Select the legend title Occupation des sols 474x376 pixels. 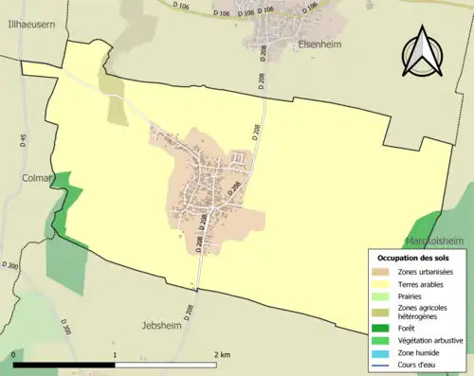pyautogui.click(x=415, y=258)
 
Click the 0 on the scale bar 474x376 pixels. pyautogui.click(x=14, y=354)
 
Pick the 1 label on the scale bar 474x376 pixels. pyautogui.click(x=115, y=354)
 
